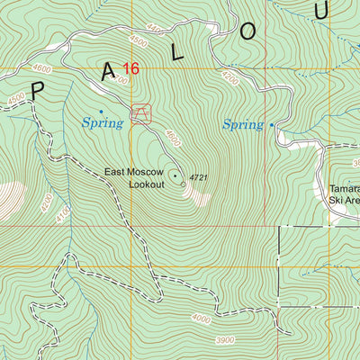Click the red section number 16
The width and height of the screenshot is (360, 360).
pos(131,68)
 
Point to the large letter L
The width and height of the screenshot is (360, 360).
pos(178,53)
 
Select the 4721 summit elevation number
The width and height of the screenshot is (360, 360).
pos(199,178)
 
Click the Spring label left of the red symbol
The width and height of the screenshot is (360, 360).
pos(102,123)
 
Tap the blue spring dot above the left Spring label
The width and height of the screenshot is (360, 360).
pos(101,112)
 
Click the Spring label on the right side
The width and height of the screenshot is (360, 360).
pos(243,125)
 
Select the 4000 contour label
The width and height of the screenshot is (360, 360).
pos(202,319)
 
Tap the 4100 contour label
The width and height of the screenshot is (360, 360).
pos(61,216)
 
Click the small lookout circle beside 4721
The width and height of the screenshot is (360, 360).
pos(184,184)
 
